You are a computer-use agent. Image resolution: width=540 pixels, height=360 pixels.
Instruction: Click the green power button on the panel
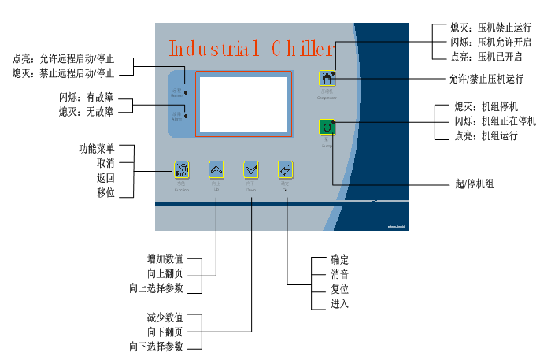click(327, 126)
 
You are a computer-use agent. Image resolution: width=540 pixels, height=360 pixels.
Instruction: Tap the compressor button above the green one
click(327, 79)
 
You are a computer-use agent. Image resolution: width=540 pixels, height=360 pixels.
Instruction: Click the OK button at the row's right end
click(286, 169)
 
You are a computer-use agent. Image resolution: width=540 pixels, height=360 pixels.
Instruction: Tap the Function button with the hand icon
click(182, 169)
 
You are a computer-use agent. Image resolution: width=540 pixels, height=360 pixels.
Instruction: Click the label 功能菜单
click(96, 147)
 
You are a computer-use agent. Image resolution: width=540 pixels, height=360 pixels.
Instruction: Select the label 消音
click(340, 275)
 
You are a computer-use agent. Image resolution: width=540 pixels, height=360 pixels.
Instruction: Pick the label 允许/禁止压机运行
click(486, 79)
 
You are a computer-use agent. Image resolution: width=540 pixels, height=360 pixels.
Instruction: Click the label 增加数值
click(165, 258)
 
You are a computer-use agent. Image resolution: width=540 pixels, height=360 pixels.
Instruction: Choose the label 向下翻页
click(165, 332)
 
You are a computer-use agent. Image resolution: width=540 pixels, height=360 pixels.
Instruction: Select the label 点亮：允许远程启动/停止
click(64, 59)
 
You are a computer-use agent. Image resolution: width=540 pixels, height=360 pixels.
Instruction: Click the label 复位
click(340, 289)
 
